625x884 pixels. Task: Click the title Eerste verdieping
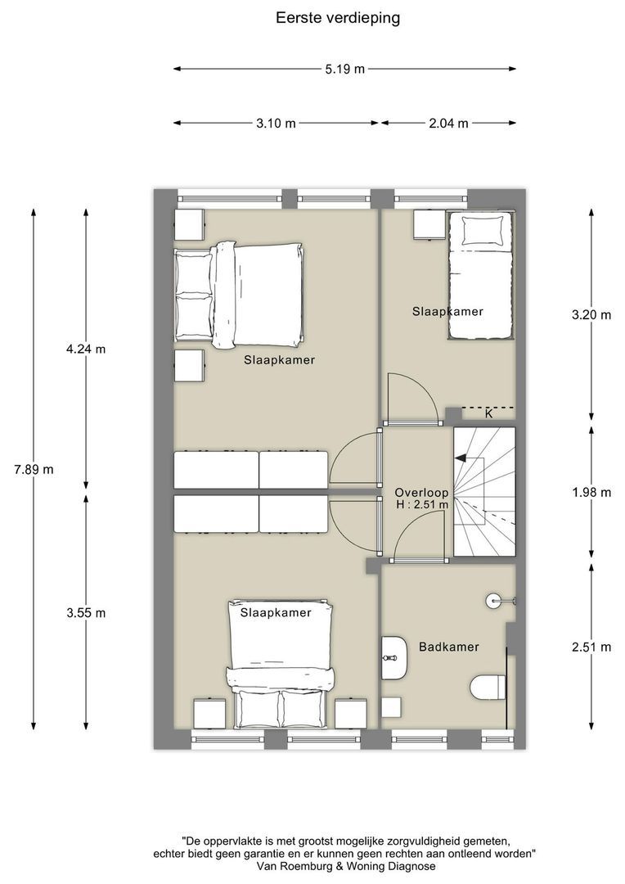pos(338,18)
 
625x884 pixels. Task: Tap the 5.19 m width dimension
pos(344,70)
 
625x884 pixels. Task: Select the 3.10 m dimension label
pos(276,124)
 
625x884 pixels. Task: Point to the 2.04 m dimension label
pos(448,124)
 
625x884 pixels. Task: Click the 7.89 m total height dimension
pos(34,469)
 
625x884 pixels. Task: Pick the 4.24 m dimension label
pos(86,349)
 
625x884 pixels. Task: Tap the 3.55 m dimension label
pos(86,613)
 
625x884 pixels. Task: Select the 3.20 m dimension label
pos(591,315)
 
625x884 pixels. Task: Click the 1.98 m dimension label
pos(591,493)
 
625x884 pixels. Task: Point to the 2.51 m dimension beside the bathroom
pos(591,647)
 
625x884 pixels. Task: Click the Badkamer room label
pos(448,647)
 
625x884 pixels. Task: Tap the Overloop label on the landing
pos(421,493)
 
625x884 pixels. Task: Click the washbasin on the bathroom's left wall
pos(394,657)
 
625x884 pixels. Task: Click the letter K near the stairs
pos(489,413)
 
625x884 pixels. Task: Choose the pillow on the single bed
pos(483,231)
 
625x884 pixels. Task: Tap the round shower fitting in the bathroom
pos(493,601)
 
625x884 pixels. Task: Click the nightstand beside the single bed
pos(429,224)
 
